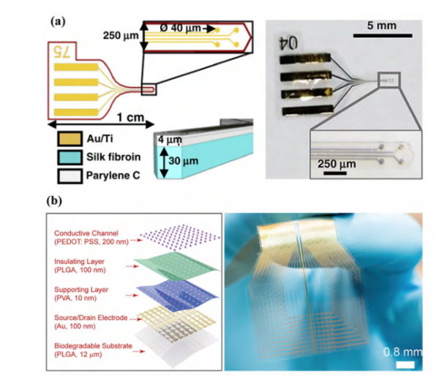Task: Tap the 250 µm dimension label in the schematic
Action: click(x=119, y=35)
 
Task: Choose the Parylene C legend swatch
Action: click(x=67, y=176)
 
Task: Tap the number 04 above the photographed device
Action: click(x=287, y=42)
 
